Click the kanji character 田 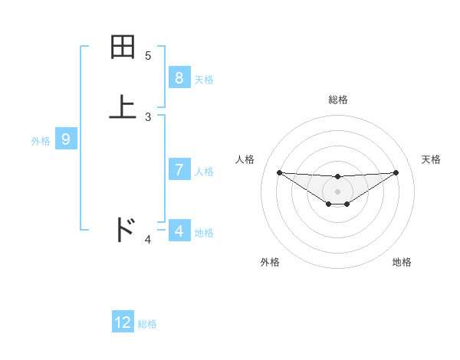pos(123,47)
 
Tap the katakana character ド pos(124,230)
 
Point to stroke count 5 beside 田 pos(148,55)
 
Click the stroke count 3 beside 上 pos(148,116)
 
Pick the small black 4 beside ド pos(148,240)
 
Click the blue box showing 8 pos(179,78)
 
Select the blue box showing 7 pos(179,170)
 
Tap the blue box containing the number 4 pos(179,231)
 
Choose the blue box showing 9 pos(66,139)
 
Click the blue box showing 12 pos(123,322)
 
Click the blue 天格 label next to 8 pos(204,80)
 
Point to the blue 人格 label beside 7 pos(204,172)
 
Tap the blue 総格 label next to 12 pos(147,324)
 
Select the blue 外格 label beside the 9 pos(41,141)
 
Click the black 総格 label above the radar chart pos(337,100)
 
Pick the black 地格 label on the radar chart pos(402,262)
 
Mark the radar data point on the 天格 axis pos(396,172)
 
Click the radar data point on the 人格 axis pos(279,172)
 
